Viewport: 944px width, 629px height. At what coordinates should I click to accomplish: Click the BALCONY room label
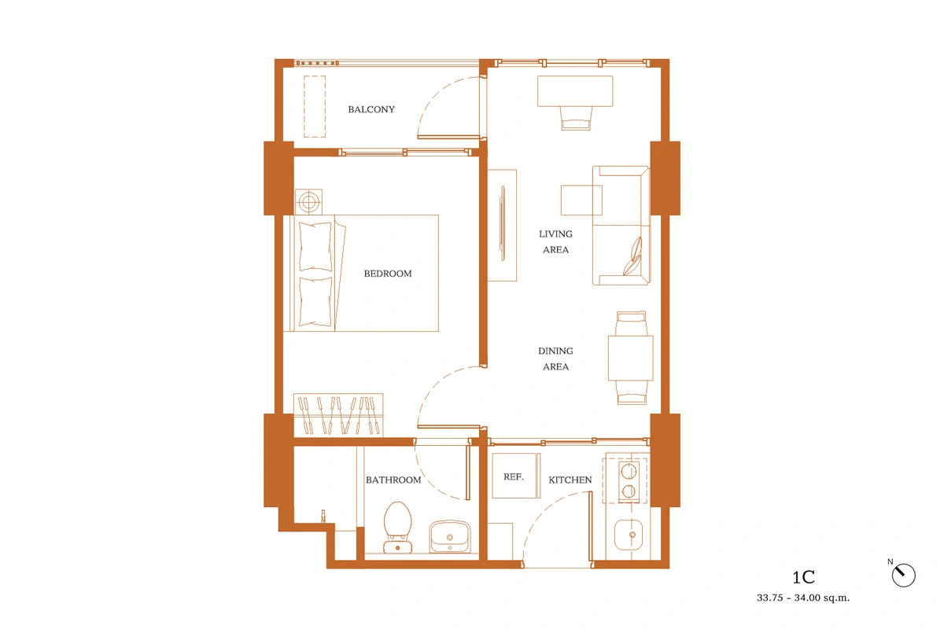click(371, 109)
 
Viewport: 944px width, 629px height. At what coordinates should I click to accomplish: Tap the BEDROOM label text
click(388, 274)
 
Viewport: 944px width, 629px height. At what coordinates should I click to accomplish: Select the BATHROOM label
click(393, 480)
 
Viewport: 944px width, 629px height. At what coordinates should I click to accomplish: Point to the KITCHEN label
click(570, 480)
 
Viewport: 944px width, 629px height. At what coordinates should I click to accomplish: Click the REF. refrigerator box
click(516, 476)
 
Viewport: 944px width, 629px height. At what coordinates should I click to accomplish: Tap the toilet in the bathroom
click(397, 527)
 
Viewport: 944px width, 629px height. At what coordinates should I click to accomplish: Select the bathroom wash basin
click(450, 537)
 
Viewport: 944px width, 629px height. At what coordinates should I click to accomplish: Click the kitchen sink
click(629, 535)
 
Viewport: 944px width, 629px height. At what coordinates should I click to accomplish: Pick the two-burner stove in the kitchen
click(629, 481)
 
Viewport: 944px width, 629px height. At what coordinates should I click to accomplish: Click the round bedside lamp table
click(309, 202)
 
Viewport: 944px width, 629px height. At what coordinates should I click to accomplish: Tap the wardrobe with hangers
click(338, 415)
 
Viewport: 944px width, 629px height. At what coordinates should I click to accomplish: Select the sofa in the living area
click(621, 226)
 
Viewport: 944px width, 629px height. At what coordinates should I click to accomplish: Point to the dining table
click(630, 358)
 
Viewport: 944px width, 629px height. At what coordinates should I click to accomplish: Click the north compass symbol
click(904, 575)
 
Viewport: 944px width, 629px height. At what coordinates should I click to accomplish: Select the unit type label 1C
click(804, 578)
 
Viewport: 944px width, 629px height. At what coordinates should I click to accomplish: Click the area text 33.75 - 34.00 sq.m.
click(803, 598)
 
